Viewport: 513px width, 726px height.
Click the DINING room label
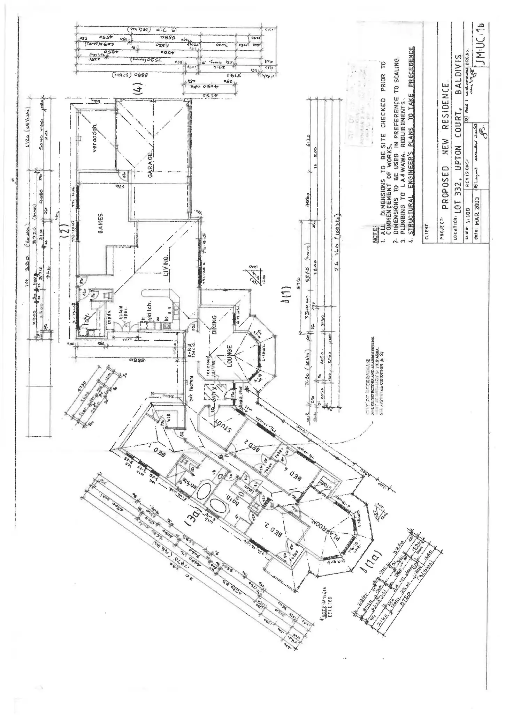pos(215,325)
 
